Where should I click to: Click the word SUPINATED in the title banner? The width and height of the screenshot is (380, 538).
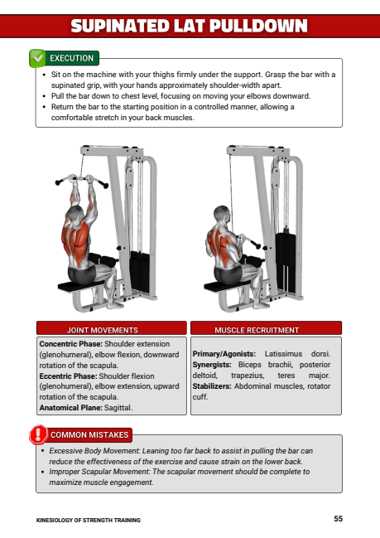coord(119,26)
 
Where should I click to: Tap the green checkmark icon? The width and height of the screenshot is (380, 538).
coord(37,58)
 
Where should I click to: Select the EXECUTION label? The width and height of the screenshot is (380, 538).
coord(72,58)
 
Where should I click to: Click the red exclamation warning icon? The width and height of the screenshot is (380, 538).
coord(38,434)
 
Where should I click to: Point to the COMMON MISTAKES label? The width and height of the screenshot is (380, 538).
coord(89,435)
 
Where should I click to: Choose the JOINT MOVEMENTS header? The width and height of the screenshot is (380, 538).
coord(102,330)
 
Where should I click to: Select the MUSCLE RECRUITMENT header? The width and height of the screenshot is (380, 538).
coord(257,330)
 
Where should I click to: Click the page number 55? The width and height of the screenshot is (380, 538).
coord(339,518)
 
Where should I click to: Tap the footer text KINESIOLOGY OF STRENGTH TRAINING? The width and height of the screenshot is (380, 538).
coord(89,520)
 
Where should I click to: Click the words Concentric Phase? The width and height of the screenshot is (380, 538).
coord(71,344)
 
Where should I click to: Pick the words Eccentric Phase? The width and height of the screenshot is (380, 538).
coord(68,376)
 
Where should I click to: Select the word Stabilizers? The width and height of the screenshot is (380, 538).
coord(212,386)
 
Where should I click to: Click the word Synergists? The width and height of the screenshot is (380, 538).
coord(212,365)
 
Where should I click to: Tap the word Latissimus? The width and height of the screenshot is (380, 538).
coord(283,354)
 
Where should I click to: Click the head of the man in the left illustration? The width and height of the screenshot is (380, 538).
coord(75,214)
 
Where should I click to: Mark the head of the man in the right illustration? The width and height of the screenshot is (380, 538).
coord(222,214)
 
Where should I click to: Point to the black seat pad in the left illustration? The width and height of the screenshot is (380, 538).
coord(80,286)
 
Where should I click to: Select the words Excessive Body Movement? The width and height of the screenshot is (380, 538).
coord(94,451)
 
